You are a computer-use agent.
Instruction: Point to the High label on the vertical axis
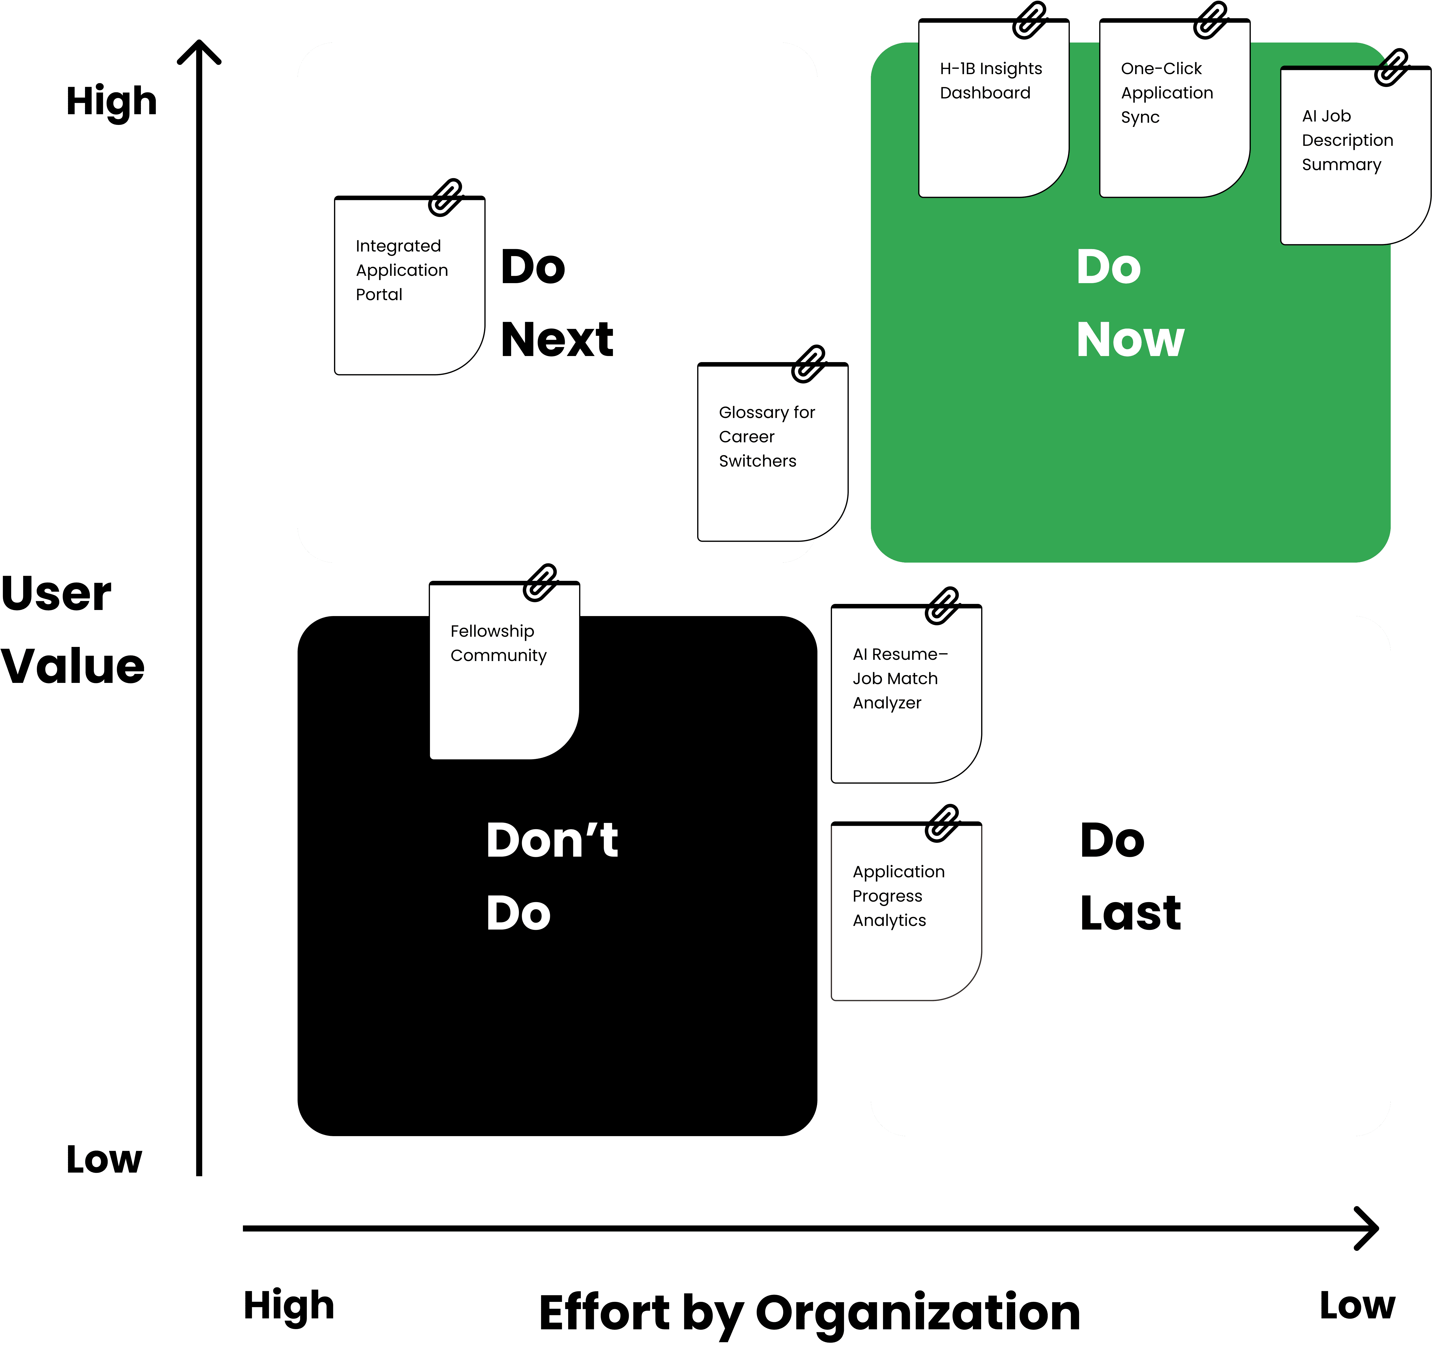[x=111, y=101]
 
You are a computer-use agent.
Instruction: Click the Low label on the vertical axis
[x=104, y=1159]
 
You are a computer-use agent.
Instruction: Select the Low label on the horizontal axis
[x=1357, y=1305]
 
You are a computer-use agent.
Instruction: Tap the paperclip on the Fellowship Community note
[x=540, y=582]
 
